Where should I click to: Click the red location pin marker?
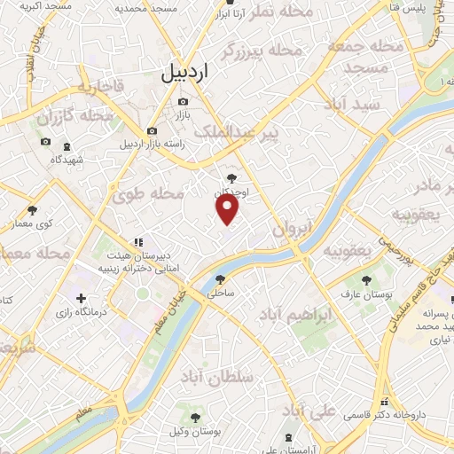[x=228, y=207]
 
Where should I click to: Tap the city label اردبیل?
[x=189, y=74]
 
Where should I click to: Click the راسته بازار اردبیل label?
[x=149, y=144]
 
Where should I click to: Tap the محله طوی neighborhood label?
[x=155, y=193]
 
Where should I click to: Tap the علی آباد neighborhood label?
[x=308, y=411]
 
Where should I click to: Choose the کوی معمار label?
[x=33, y=223]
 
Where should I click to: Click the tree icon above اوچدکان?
[x=232, y=178]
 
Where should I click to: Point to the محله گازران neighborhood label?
[x=74, y=116]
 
